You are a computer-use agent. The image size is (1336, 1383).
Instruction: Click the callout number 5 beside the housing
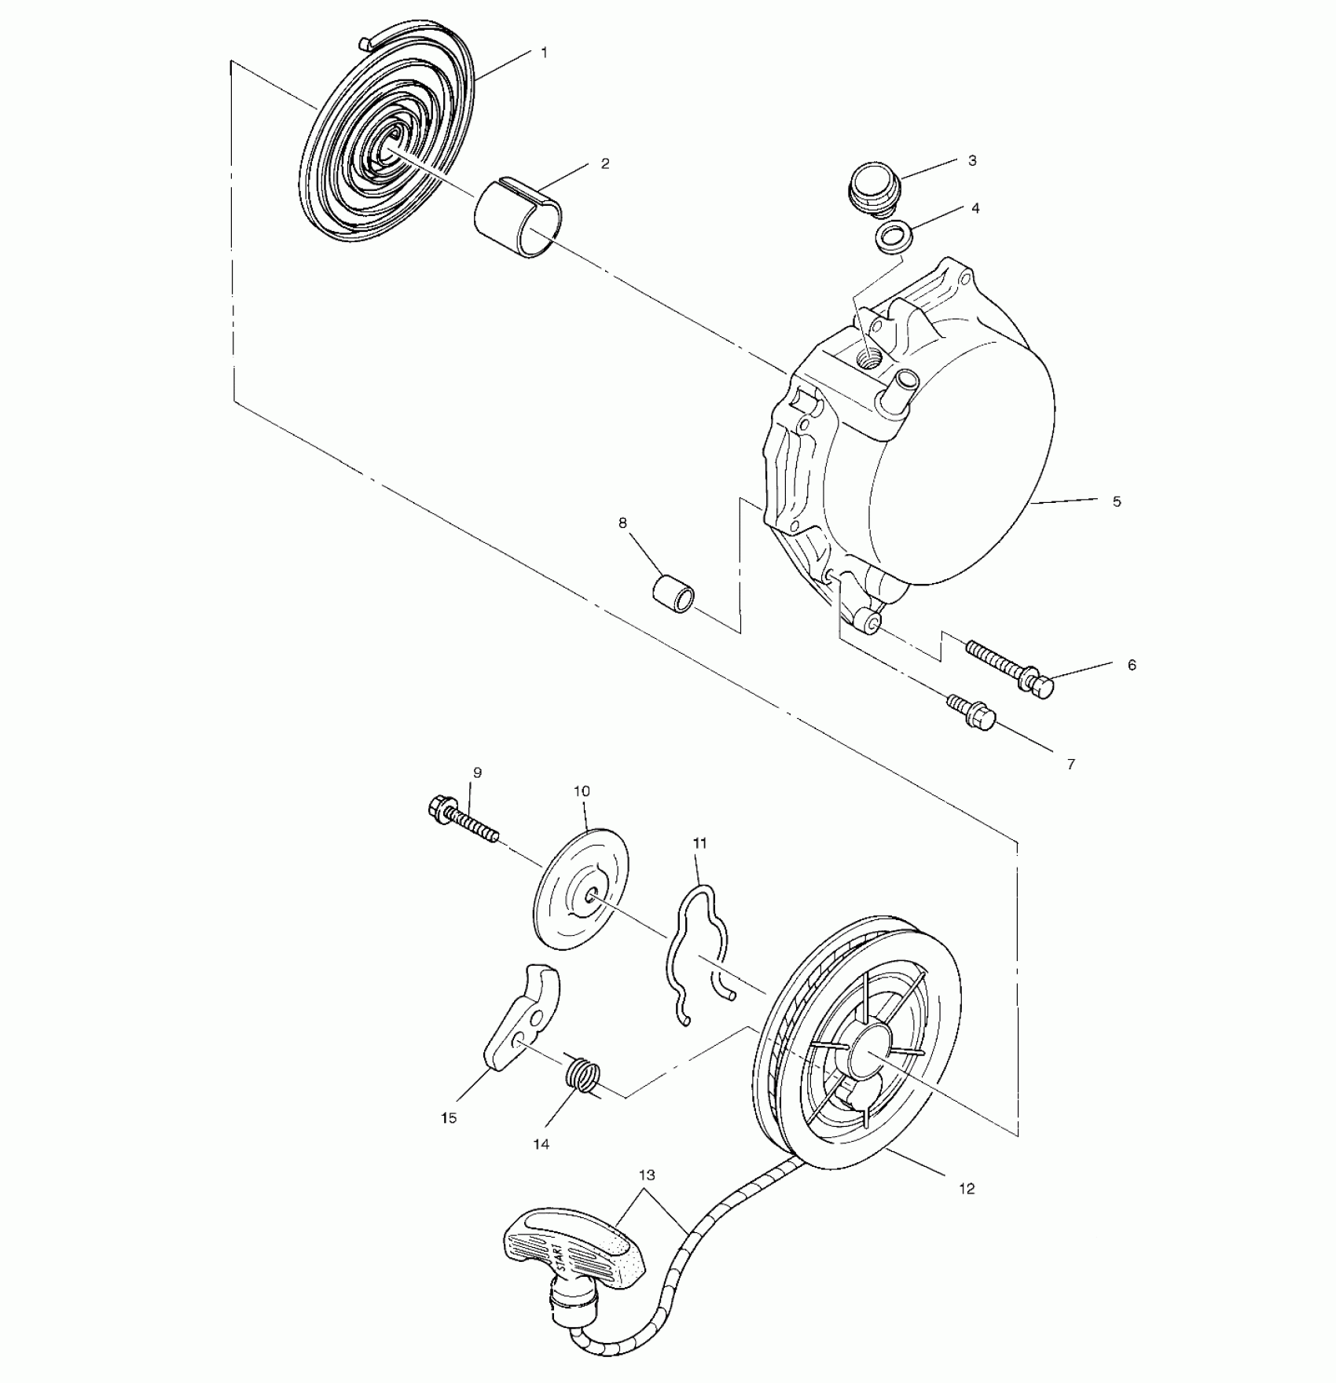pos(1117,501)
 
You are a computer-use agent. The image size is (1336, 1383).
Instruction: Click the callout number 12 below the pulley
pos(967,1189)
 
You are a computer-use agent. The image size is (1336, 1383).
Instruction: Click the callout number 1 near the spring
pos(544,53)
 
